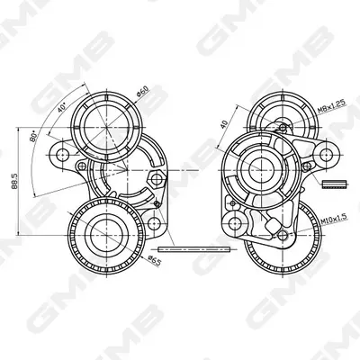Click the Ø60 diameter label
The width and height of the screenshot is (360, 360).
(x=142, y=91)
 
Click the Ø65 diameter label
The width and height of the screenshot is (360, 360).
(x=155, y=260)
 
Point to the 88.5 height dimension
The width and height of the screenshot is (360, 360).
(x=14, y=182)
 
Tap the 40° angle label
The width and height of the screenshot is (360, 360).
(x=62, y=107)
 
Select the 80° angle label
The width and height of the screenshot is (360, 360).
(x=33, y=136)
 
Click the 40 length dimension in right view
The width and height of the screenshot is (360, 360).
(x=224, y=123)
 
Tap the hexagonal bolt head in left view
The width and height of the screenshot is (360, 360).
(x=157, y=179)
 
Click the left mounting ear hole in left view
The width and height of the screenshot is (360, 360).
(x=62, y=154)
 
